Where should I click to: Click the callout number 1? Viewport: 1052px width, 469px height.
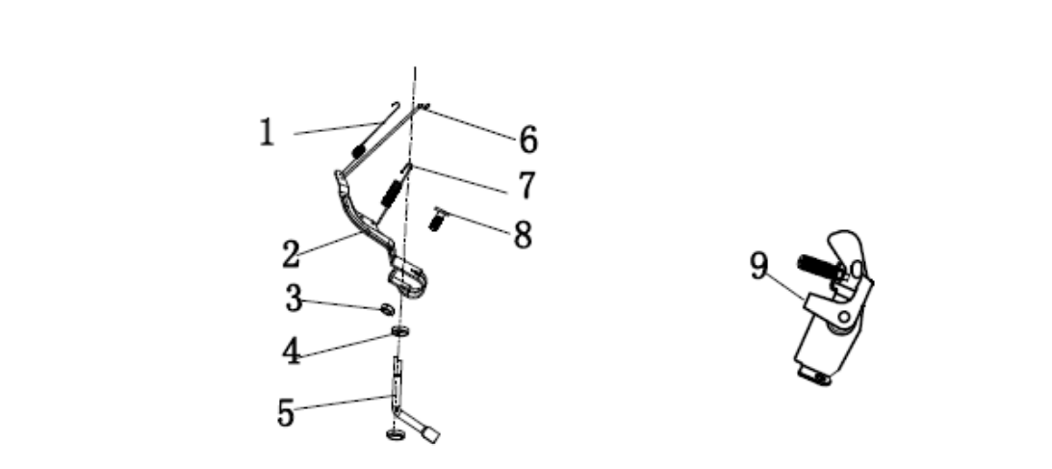point(267,132)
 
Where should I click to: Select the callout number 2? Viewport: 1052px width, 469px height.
point(291,254)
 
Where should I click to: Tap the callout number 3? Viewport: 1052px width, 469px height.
point(294,299)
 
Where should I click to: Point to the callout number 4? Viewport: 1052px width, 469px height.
point(292,351)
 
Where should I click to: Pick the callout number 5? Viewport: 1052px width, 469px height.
point(286,412)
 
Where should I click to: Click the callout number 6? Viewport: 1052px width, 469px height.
point(528,140)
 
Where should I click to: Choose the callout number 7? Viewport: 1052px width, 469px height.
point(526,185)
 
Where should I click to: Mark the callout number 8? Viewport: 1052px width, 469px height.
point(524,235)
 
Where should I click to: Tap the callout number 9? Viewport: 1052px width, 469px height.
point(758,266)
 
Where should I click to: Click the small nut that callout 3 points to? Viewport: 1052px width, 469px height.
point(387,308)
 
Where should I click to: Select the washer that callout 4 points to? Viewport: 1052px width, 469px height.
point(399,330)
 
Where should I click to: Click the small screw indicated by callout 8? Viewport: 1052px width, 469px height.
point(437,220)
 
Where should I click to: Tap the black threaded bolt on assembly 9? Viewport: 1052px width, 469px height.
point(818,267)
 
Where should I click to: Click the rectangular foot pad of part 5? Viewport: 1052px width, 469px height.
point(430,433)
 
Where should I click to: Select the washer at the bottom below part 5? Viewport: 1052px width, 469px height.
point(396,434)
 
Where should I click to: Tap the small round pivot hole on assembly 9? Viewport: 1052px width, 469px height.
point(843,316)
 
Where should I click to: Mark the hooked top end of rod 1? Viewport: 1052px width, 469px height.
point(396,105)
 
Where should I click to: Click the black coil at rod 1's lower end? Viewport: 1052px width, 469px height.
point(359,151)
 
